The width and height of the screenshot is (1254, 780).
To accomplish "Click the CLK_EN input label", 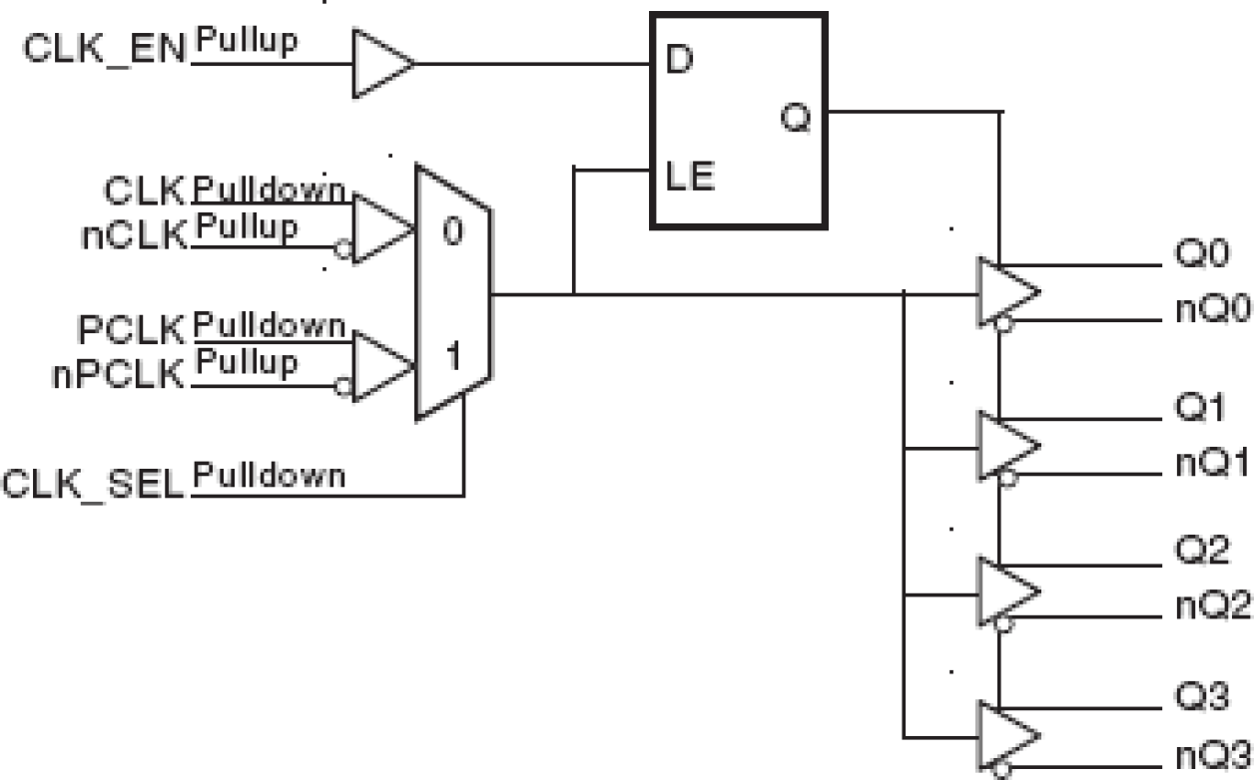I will pos(105,50).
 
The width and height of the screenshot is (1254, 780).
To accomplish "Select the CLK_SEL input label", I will pos(95,485).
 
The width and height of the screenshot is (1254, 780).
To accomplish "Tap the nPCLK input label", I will pos(119,374).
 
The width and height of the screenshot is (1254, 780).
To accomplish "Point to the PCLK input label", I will pos(131,329).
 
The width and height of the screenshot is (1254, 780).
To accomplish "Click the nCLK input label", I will pos(135,235).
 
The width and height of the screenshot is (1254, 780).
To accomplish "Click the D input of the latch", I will pos(679,60).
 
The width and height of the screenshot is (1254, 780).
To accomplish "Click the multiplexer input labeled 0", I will pos(452,232).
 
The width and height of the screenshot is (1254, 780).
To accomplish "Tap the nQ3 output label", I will pos(1209,750).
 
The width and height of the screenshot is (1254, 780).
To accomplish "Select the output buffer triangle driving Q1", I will pos(1005,446).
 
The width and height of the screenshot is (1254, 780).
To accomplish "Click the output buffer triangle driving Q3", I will pos(1005,734).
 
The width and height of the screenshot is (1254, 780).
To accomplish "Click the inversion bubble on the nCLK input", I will pos(343,250).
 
